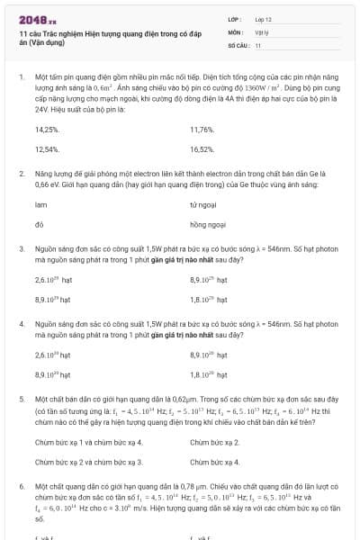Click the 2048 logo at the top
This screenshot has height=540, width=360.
[x=34, y=19]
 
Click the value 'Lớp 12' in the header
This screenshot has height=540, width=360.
[x=264, y=19]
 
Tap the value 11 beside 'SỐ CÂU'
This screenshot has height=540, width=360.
[x=258, y=43]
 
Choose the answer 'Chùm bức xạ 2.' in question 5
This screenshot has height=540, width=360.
[x=214, y=442]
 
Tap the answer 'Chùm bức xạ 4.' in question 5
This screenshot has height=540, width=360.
[x=214, y=462]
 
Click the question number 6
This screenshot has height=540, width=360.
[x=22, y=485]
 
